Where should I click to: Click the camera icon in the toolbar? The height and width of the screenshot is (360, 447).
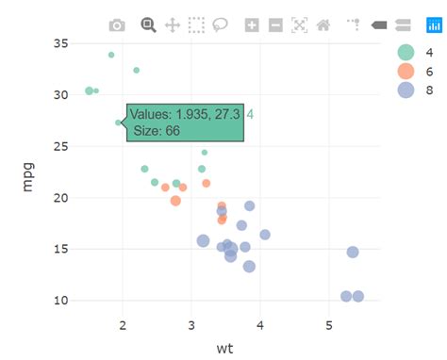click(x=117, y=25)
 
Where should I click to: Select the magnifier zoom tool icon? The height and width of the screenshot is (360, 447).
click(x=148, y=25)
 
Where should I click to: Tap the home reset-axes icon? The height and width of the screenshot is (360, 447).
click(x=323, y=25)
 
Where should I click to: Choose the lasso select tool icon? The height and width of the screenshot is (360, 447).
click(x=221, y=25)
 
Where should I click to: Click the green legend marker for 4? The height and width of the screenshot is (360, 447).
click(x=406, y=53)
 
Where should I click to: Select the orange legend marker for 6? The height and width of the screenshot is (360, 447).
click(x=406, y=72)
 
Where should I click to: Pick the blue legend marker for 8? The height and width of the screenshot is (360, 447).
click(x=406, y=90)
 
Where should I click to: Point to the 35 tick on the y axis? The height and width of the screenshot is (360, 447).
click(x=60, y=43)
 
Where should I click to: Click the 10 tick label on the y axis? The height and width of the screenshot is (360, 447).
click(x=60, y=301)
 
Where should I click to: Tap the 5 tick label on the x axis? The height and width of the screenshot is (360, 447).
click(x=329, y=325)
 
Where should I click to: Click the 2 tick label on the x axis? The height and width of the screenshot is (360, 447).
click(x=124, y=325)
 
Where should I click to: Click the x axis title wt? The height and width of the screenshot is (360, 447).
click(x=224, y=348)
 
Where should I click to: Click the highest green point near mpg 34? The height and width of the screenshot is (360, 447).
click(x=111, y=55)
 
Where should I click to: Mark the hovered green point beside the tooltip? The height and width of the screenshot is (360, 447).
click(x=119, y=123)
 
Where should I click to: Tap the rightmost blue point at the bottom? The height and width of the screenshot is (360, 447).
click(x=358, y=296)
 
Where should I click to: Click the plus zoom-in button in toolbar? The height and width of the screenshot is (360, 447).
click(x=252, y=25)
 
